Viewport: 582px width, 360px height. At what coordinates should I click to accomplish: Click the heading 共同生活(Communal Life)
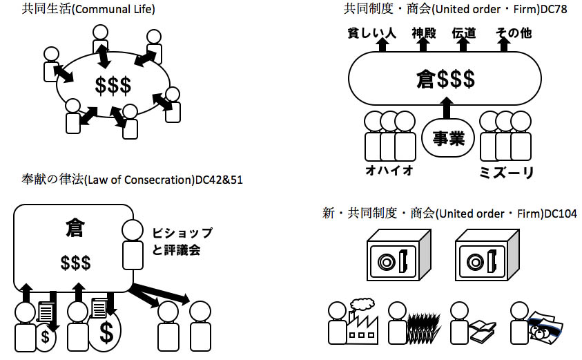point(88,10)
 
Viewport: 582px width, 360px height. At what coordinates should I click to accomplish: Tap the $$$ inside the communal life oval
point(113,85)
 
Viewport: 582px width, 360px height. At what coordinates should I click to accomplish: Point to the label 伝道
point(464,33)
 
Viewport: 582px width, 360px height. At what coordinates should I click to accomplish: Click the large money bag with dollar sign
point(106,332)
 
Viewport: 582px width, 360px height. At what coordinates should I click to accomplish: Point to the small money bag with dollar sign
point(46,337)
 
